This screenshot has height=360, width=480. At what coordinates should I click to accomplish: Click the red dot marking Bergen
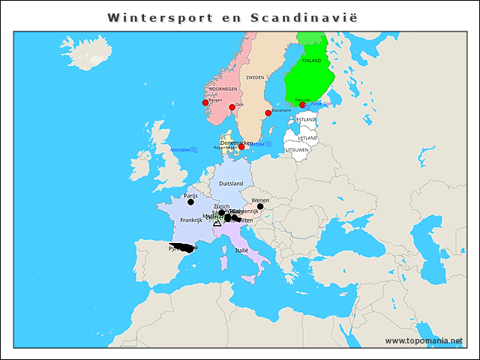[x=205, y=103]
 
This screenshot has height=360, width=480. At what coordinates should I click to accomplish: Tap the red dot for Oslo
[x=232, y=107]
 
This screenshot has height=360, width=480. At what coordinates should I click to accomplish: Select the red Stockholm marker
[x=268, y=113]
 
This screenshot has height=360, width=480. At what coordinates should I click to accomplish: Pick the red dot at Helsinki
[x=302, y=105]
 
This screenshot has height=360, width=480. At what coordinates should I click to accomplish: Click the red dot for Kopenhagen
[x=241, y=147]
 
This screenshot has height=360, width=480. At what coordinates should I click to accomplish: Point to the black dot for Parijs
[x=190, y=202]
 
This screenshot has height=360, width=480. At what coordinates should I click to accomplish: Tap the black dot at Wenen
[x=260, y=206]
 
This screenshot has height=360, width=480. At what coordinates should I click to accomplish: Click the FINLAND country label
[x=311, y=60]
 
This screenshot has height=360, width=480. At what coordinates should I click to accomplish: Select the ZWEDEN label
[x=255, y=77]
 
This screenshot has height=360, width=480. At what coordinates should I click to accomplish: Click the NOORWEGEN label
[x=223, y=89]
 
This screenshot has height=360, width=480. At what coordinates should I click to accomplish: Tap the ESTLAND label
[x=306, y=120]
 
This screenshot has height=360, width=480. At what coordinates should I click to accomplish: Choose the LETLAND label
[x=307, y=138]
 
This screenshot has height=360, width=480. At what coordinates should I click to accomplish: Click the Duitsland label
[x=231, y=183]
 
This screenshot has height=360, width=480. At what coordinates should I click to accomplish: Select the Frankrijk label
[x=192, y=220]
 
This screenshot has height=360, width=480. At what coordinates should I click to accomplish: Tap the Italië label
[x=241, y=250]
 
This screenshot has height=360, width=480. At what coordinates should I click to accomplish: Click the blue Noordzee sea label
[x=181, y=150]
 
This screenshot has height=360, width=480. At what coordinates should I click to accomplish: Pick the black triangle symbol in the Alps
[x=217, y=223]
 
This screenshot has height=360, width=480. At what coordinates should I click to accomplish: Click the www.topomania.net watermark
[x=424, y=341]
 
